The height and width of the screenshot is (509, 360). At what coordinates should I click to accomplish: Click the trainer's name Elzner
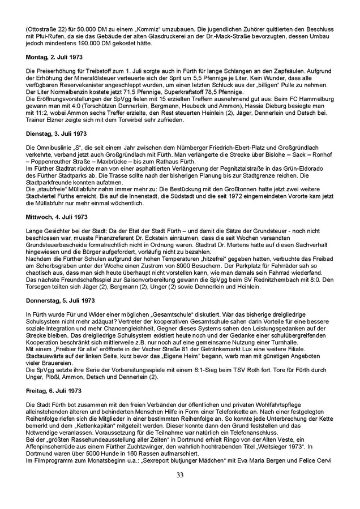pyautogui.click(x=59, y=119)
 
